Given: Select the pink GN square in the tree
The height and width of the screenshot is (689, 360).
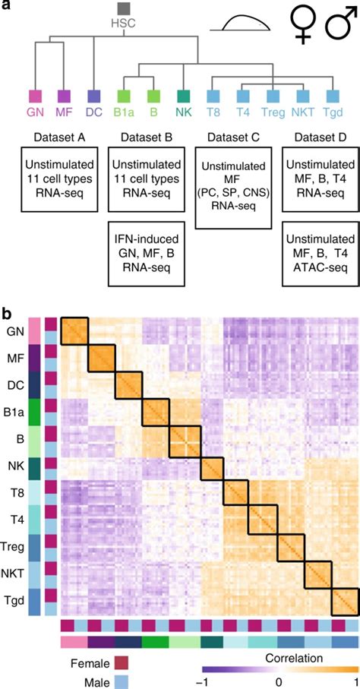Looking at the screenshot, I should click(x=35, y=96).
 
